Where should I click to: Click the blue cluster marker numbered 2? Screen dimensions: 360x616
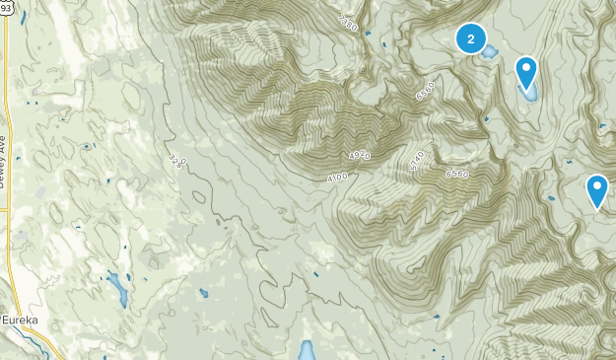[x=471, y=38]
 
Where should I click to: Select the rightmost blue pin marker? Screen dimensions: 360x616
[x=596, y=190]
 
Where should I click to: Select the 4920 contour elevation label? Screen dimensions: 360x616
[x=360, y=155]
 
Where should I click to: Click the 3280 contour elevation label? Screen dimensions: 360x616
[x=175, y=160]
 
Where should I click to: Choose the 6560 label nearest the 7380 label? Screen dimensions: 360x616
[x=426, y=91]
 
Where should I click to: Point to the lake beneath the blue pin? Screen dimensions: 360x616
[x=529, y=95]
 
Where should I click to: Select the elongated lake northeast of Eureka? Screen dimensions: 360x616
[x=118, y=288]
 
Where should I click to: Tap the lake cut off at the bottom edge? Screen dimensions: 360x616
[x=307, y=351]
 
